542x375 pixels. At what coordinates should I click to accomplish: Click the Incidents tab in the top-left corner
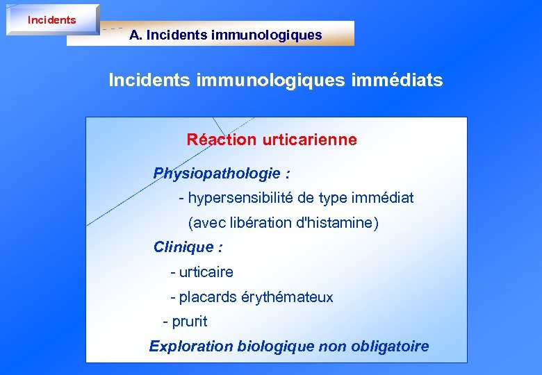(51, 19)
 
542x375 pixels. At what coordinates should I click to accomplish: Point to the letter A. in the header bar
(135, 35)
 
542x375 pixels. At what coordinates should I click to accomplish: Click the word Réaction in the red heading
(222, 140)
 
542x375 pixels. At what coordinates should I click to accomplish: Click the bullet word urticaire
(206, 272)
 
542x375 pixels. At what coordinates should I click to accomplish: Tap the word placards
(207, 297)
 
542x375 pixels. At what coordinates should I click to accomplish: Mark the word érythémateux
(287, 297)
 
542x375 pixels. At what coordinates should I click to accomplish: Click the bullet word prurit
(189, 322)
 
